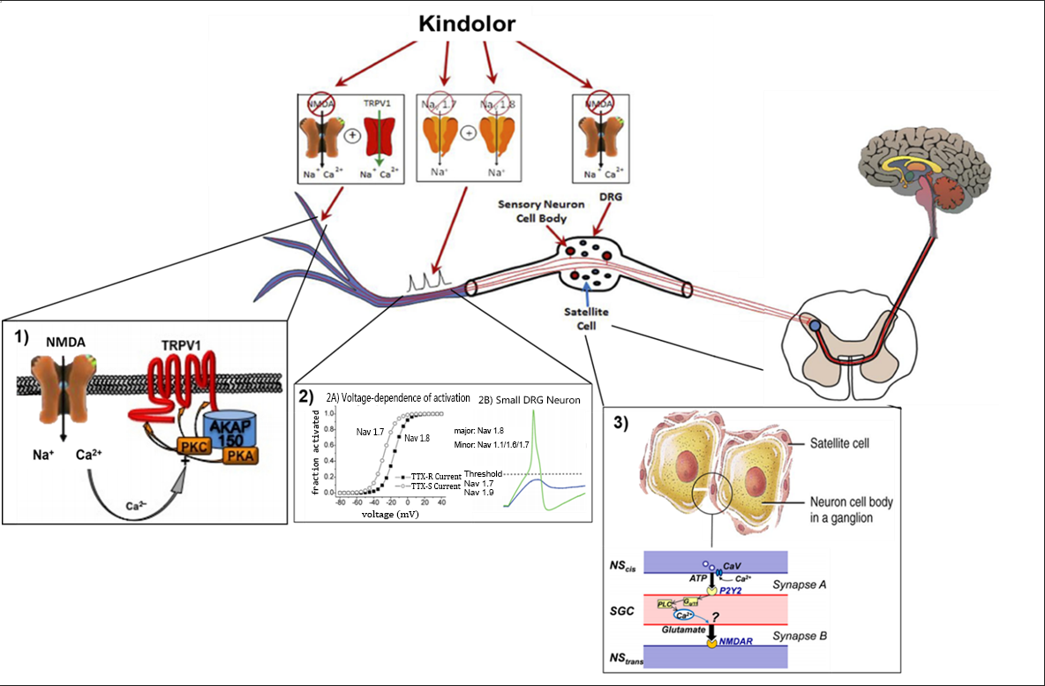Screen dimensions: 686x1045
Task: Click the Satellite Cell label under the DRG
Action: click(x=587, y=319)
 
